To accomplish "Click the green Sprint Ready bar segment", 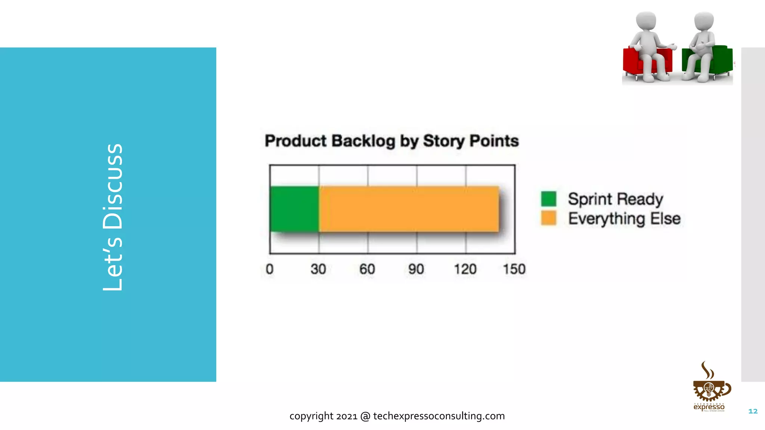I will point(294,209).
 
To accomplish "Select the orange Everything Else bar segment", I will point(409,209).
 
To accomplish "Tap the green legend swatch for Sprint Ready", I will point(548,199).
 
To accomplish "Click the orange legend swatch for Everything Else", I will point(548,218).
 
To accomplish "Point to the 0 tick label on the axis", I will point(269,269).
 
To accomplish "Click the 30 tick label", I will point(318,269).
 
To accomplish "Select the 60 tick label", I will point(367,269).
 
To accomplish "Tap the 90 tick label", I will point(416,269).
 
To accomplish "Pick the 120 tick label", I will point(465,269).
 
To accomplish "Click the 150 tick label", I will point(514,269).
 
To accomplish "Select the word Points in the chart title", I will point(494,141).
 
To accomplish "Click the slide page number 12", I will point(753,411).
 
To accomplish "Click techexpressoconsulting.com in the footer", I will point(439,416).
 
